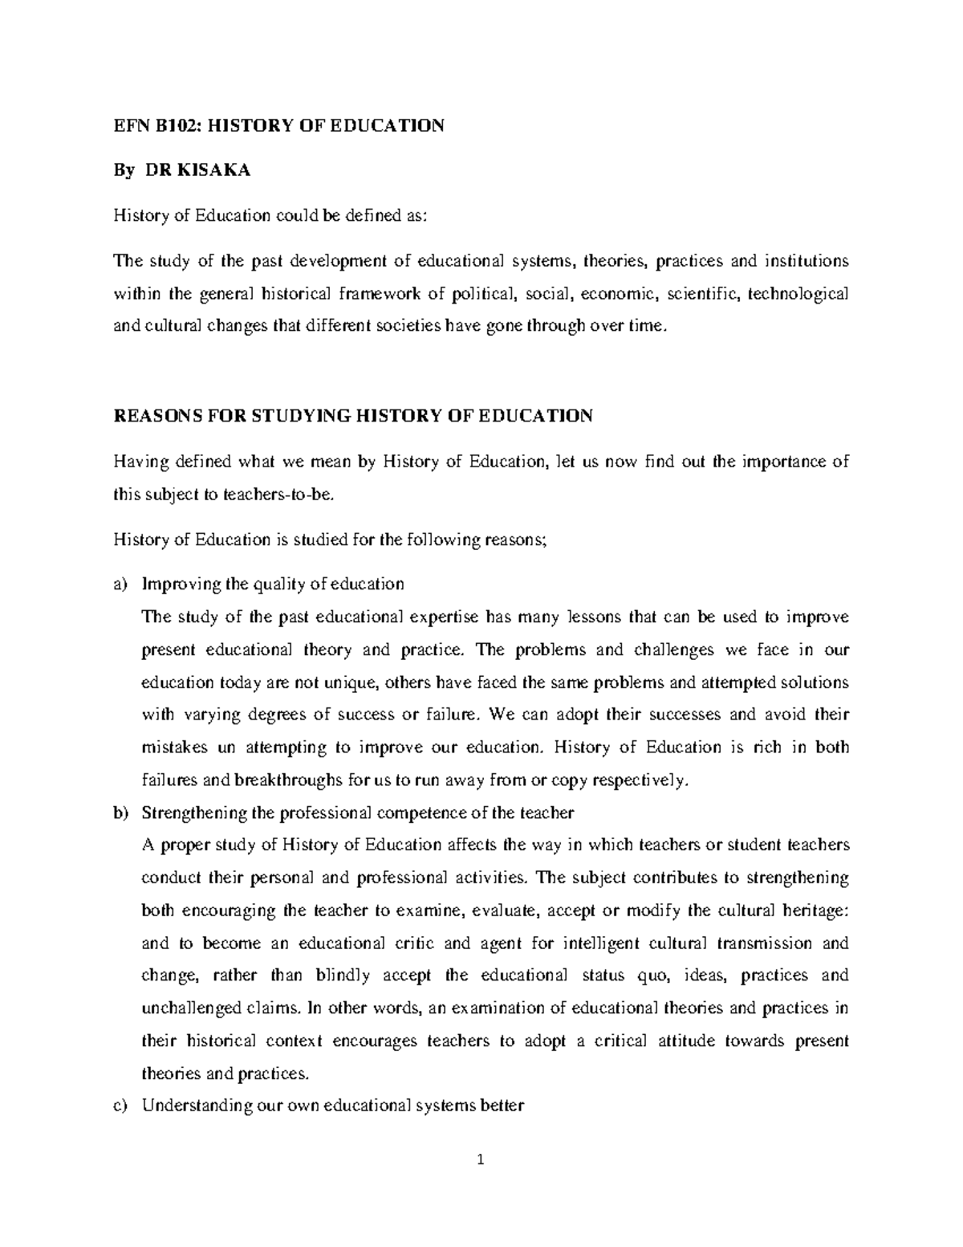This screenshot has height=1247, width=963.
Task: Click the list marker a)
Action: coord(120,585)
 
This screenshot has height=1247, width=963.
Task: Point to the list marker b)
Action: coord(120,813)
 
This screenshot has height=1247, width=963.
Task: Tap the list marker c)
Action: coord(120,1106)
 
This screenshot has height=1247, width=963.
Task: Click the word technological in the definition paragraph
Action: coord(798,294)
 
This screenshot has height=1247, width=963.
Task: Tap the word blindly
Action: coord(343,976)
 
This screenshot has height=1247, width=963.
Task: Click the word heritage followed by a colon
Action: coord(815,911)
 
